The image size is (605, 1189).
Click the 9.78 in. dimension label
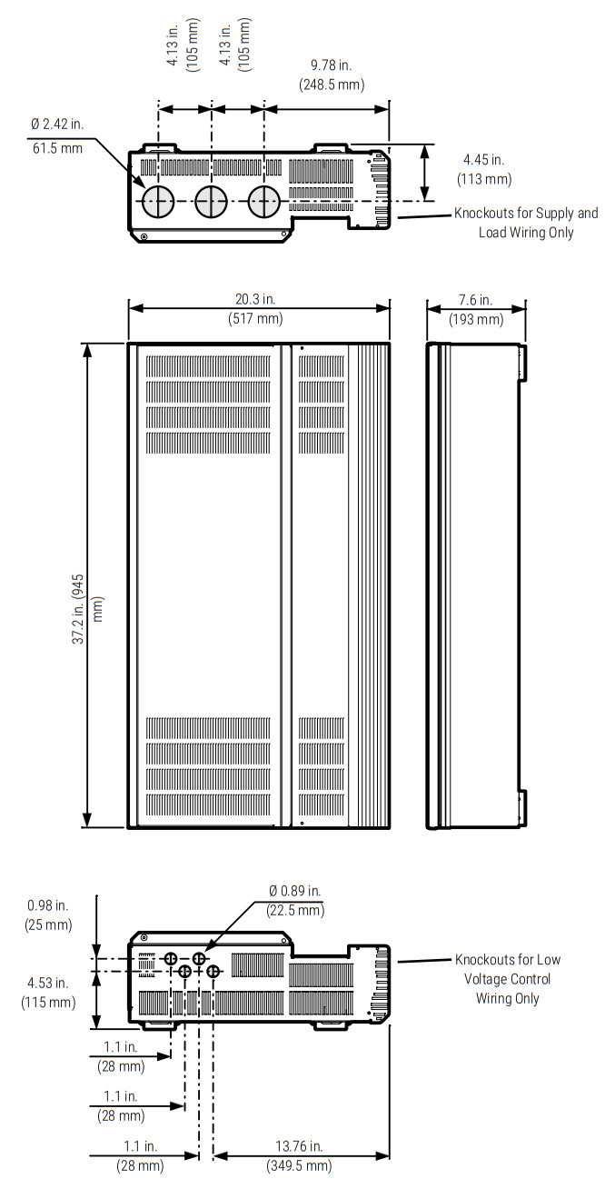(331, 66)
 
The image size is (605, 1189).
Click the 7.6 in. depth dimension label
(475, 301)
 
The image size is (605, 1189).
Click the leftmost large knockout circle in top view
(156, 203)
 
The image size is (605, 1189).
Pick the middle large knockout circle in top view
(211, 203)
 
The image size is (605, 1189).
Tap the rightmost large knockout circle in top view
(264, 203)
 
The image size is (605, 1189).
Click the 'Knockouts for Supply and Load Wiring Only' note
(526, 223)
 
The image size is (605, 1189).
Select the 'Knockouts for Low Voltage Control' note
(507, 978)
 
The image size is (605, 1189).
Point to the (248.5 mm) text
(331, 85)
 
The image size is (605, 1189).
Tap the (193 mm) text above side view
(475, 319)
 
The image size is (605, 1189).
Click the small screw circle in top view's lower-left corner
(144, 238)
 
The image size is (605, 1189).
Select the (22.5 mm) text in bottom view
(294, 910)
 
